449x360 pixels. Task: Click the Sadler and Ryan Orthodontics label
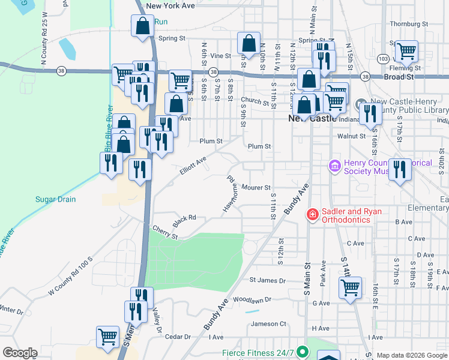coord(352,215)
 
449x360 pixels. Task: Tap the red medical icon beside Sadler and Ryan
coord(312,214)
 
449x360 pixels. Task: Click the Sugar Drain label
coord(56,199)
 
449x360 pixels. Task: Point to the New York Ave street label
coord(170,5)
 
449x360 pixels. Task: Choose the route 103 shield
coord(383,58)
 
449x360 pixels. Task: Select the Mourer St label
coord(257,188)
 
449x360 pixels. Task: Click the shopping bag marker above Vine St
coord(249,43)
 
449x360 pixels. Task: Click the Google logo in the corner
coord(20,353)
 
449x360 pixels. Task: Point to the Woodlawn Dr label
coord(252,299)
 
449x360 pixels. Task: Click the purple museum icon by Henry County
coord(334,164)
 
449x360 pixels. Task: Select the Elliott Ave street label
coord(193,166)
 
